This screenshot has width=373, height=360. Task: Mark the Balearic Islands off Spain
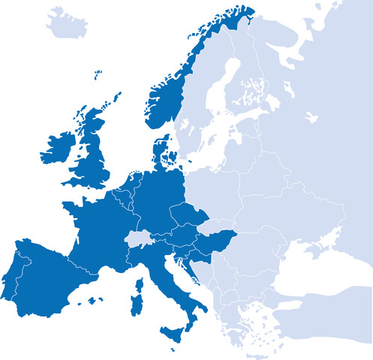pyautogui.click(x=93, y=300)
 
